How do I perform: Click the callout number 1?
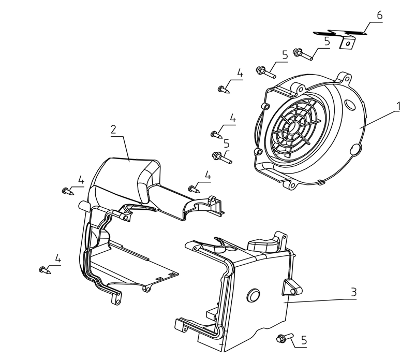tap(398, 106)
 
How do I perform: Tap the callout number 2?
tap(113, 129)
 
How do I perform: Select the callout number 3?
tap(353, 292)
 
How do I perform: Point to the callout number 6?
tap(380, 16)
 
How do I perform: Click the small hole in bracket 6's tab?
tap(347, 44)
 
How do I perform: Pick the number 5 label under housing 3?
tap(304, 340)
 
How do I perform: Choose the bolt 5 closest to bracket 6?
tap(303, 54)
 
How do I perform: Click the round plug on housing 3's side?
tap(254, 296)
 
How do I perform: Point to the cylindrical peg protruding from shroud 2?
tap(83, 206)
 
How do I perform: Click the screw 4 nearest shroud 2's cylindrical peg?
tap(68, 191)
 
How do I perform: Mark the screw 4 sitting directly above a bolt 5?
tap(217, 135)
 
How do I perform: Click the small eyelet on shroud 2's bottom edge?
tap(146, 289)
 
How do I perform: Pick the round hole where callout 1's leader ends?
tap(355, 150)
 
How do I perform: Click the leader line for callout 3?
tap(320, 300)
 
